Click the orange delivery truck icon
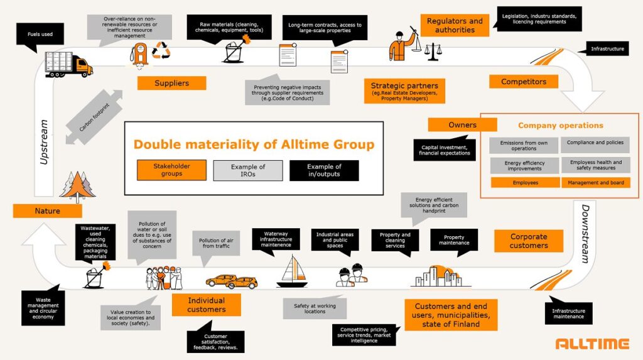[68, 64]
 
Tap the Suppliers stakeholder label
[171, 83]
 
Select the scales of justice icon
[433, 52]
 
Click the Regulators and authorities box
[455, 26]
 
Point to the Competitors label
[524, 82]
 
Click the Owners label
[462, 125]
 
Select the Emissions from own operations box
[524, 146]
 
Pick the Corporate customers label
[528, 241]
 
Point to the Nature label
[48, 211]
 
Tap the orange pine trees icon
[78, 187]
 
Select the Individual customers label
[206, 305]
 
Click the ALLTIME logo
[592, 344]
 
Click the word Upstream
[43, 143]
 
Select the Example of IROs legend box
[248, 170]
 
